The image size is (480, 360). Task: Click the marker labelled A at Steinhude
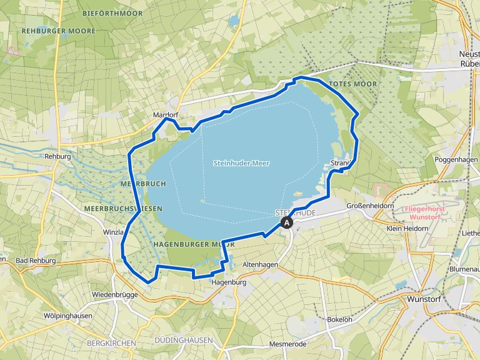pos(287,222)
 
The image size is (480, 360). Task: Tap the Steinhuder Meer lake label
pos(236,163)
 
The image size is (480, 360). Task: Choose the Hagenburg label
pos(229,282)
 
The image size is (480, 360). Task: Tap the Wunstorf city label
pos(424,299)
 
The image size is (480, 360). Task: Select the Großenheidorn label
pos(370,205)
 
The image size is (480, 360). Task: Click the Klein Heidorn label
pos(407,229)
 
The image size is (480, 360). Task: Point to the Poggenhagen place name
pos(455,160)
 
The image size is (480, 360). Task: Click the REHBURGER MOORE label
pos(49,30)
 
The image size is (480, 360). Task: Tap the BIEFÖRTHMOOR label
pos(108,12)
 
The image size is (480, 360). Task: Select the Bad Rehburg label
pos(36,260)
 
